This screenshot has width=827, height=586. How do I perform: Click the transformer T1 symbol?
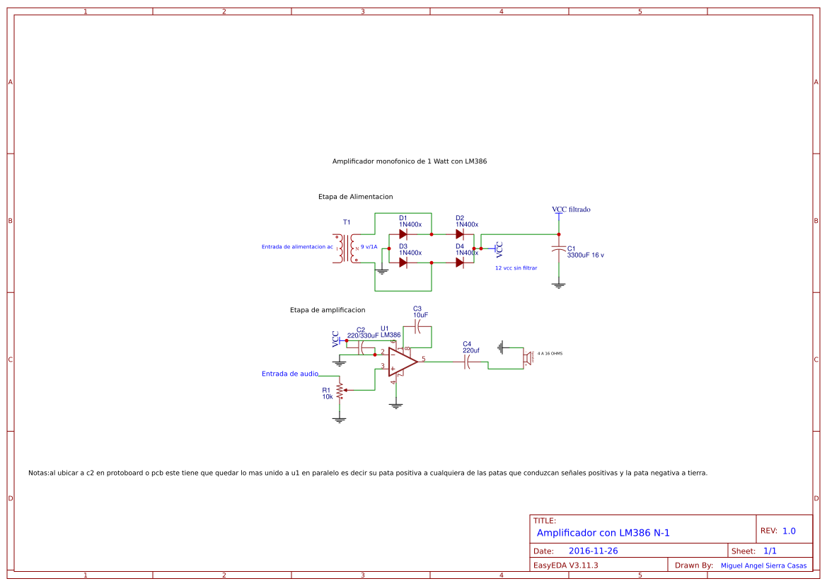coord(347,248)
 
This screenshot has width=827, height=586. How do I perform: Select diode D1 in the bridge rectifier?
coord(403,234)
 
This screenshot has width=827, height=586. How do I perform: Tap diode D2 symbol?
coord(460,234)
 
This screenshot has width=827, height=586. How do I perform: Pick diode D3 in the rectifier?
coord(403,262)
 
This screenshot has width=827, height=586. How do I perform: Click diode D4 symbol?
coord(460,262)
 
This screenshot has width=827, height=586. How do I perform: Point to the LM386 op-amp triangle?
coord(402,362)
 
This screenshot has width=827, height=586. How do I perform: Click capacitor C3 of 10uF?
coord(417,327)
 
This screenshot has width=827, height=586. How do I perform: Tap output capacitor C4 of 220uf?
coord(467,362)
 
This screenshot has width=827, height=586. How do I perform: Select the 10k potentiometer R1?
coord(340,390)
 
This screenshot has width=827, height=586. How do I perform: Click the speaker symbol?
coord(527,357)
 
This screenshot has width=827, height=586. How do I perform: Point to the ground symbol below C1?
coord(559,285)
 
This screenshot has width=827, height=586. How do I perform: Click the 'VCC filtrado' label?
coord(571,209)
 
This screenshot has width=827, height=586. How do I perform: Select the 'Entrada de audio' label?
coord(290,374)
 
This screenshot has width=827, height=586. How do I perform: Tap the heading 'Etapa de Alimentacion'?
coord(355,197)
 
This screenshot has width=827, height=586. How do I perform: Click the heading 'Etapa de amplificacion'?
coord(328,310)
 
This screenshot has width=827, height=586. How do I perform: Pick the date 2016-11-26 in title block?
coord(593,551)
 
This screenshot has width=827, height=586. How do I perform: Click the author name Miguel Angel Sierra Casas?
coord(763,565)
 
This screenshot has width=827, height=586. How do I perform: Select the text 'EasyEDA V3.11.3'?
coord(565,565)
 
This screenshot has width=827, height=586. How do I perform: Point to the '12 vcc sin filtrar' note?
coord(516,268)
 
